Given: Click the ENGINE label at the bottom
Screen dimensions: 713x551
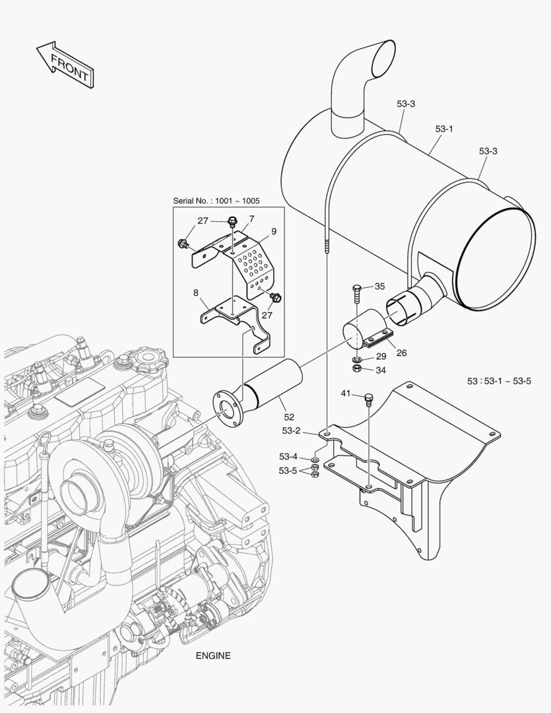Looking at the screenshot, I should coord(213,656).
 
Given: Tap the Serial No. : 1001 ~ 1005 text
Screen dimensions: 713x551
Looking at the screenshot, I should coord(216,201).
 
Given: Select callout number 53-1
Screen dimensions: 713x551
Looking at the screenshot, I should coord(444,129).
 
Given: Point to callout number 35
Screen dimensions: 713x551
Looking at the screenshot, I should coord(379,286).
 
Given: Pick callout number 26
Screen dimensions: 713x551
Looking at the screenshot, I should coord(401,353).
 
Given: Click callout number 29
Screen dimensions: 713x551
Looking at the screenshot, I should coord(381,356).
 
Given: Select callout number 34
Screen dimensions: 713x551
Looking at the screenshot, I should coord(381,370).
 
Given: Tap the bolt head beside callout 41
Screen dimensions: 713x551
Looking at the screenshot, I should coord(368,398).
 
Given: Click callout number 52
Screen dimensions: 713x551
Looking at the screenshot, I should coord(289,417).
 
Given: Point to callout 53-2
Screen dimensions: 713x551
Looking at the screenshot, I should coord(291,430).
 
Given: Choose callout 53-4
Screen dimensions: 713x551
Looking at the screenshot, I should coord(288,456).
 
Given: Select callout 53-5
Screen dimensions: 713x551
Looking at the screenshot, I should coord(288,470).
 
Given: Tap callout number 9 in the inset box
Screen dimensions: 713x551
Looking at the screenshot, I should coord(273,231).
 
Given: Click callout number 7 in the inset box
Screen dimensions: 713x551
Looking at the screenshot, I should coord(251,219).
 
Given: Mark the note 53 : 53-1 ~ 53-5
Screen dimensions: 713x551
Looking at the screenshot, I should coord(499,381).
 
